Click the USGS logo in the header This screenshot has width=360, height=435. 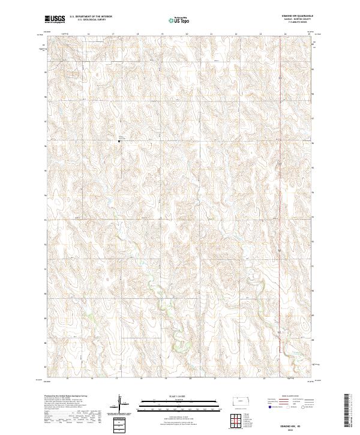click(x=55, y=19)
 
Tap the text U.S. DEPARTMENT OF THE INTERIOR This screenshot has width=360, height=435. click(x=91, y=17)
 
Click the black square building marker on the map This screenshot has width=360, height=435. click(x=119, y=142)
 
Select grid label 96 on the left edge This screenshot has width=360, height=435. click(x=46, y=96)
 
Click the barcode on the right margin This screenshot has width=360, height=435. click(x=347, y=410)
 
